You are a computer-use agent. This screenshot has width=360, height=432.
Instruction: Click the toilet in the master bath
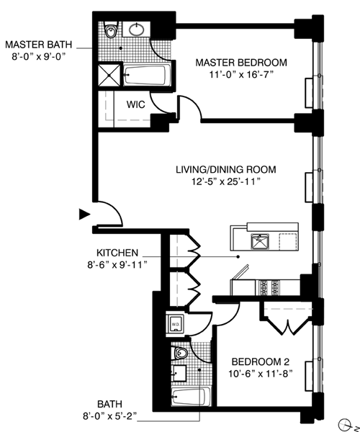pos(111,30)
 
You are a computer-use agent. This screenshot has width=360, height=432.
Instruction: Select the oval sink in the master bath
pos(136,30)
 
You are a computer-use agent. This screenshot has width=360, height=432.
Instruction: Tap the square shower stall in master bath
pos(109,75)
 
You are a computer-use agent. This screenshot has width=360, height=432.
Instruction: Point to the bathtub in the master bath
pos(145,75)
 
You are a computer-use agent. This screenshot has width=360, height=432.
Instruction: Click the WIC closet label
pos(135,104)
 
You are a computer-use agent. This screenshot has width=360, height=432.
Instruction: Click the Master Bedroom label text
pos(241,63)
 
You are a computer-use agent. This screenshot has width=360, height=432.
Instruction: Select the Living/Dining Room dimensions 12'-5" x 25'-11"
pos(226,181)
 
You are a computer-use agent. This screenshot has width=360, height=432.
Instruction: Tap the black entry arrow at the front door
pos(84,215)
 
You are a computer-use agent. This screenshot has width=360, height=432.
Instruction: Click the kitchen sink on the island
pos(259,241)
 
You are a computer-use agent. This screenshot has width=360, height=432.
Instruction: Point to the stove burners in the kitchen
pos(269,287)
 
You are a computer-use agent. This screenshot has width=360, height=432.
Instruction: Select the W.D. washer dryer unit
pos(176,324)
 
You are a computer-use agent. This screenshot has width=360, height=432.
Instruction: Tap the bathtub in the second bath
pos(191,397)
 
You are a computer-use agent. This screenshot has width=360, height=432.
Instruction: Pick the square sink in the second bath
pos(179,374)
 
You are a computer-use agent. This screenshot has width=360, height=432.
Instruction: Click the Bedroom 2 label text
pos(261,361)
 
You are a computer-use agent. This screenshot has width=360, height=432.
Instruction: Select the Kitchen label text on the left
pos(117,253)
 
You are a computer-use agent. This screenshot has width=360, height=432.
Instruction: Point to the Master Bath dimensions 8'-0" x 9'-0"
pos(39,56)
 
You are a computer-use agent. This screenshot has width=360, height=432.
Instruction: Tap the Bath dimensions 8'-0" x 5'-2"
pos(109,416)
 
